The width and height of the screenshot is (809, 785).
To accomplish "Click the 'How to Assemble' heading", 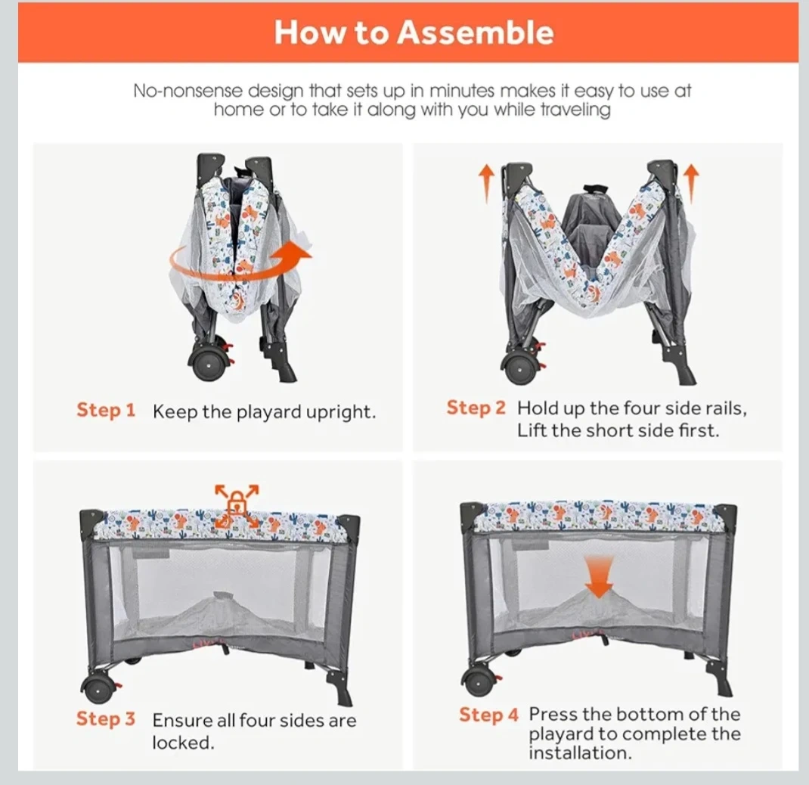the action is tap(414, 32).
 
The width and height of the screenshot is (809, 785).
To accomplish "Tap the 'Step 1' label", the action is tap(106, 411).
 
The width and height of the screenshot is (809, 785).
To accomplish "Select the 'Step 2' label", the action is tap(476, 408).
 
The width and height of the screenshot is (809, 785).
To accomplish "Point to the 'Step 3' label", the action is tap(106, 718).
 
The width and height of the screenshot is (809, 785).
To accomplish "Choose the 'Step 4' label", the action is tap(488, 715).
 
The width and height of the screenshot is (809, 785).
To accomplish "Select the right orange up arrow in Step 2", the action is tap(692, 183).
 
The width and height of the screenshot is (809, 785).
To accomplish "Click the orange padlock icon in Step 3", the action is tap(237, 501).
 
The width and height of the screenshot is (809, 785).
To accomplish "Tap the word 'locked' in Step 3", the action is tap(183, 743).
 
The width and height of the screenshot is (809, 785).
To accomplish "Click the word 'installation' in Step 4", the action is tap(580, 752).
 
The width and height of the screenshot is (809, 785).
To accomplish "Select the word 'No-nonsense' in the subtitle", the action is tap(188, 91).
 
